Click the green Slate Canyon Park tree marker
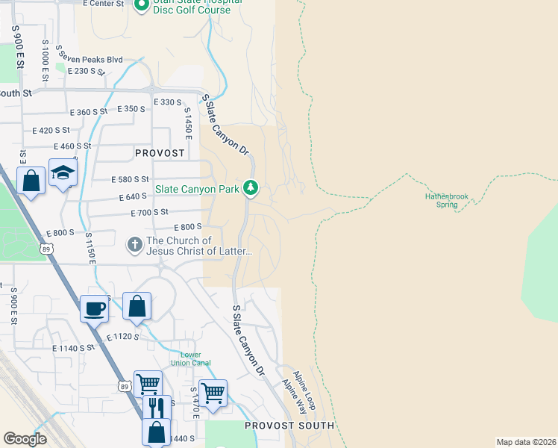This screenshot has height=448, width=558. (x=251, y=187)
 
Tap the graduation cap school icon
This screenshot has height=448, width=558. (x=63, y=173)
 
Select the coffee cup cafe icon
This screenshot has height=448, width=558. (x=95, y=308)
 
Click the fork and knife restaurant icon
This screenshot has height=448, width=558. (x=157, y=408)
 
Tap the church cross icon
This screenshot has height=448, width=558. (x=135, y=244)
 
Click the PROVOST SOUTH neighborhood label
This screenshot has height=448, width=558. (x=289, y=426)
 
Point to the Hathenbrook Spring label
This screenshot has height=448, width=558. (x=446, y=200)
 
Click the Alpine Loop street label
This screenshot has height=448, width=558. (x=304, y=389)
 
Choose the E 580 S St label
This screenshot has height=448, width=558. (x=131, y=179)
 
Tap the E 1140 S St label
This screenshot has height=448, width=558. (x=74, y=348)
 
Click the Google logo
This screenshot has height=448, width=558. (x=25, y=439)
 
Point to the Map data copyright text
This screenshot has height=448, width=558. (x=526, y=442)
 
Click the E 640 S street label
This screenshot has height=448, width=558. (x=134, y=197)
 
